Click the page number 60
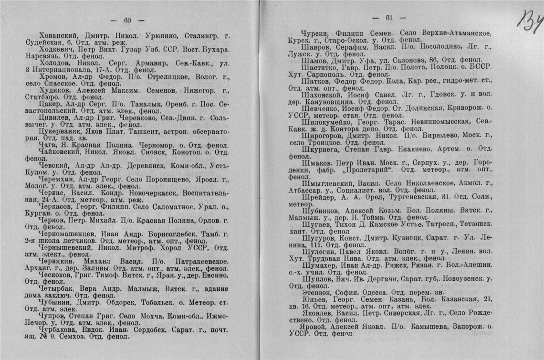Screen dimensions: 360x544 tap(127, 20)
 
